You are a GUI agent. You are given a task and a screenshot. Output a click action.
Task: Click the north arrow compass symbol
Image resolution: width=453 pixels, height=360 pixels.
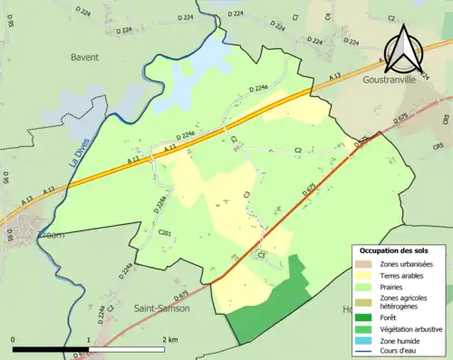point(402,51)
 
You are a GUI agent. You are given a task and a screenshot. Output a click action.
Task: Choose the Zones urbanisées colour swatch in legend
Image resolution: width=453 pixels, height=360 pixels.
point(364,264)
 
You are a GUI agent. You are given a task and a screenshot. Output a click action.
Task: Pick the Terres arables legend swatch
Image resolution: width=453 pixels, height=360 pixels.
point(364,275)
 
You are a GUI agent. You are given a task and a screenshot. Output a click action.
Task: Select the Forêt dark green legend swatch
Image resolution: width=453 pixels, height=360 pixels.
point(364,316)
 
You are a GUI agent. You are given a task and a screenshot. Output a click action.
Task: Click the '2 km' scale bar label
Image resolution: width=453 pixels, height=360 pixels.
point(170,339)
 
